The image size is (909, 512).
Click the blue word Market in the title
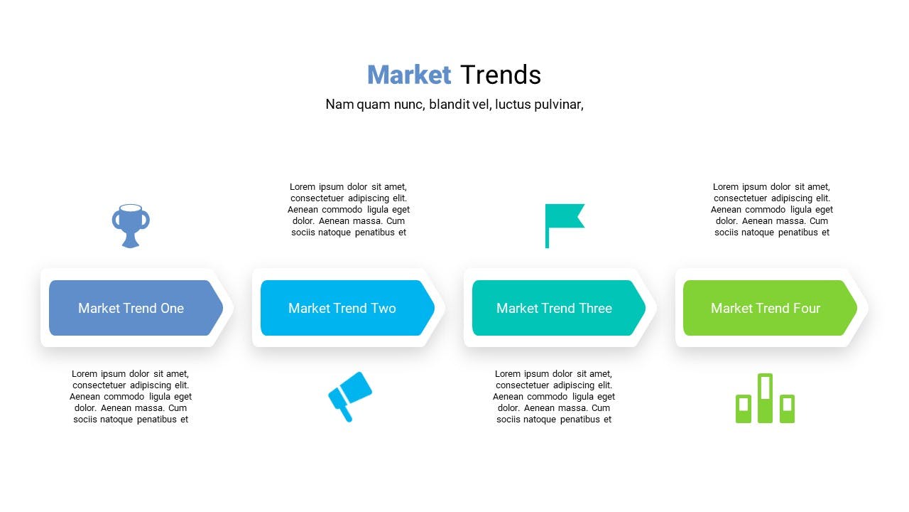pos(408,75)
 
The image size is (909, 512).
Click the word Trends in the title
pos(501,75)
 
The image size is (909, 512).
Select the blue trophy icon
pos(131,226)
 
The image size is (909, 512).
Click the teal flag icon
pos(565,226)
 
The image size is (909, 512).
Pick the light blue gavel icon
pos(350,397)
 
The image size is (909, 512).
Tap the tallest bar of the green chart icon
pos(765,398)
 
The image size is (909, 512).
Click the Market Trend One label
pos(131,308)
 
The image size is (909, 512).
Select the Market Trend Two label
pos(342,308)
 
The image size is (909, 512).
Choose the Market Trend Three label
pos(554,308)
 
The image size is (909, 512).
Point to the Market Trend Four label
pos(766,308)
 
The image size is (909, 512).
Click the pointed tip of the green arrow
pos(856,308)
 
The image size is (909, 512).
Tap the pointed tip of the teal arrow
pos(645,308)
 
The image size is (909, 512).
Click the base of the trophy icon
pos(131,243)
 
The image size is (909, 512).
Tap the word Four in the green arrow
pos(807,308)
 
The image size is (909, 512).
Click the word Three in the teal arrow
pos(595,308)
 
